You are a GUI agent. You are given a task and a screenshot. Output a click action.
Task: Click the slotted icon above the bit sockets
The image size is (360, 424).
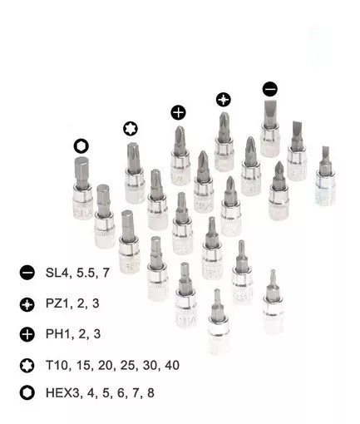[x=270, y=89]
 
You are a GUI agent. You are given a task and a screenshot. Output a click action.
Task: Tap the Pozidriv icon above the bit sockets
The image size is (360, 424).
[x=224, y=100]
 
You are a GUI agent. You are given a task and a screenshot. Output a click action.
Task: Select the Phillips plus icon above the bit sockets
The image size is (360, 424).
[x=178, y=112]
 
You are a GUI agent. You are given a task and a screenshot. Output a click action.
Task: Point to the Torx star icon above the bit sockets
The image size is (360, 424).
[x=131, y=129]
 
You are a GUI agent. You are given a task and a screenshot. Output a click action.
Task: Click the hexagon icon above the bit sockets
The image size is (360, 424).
[x=81, y=146]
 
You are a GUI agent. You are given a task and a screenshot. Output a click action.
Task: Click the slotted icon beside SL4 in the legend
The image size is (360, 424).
[x=27, y=273]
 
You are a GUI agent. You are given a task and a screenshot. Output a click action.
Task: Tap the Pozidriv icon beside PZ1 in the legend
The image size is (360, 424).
[x=27, y=304]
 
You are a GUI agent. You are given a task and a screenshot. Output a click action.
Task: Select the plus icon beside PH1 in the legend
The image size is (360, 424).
[x=27, y=334]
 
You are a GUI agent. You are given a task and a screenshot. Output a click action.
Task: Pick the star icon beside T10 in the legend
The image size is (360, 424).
[x=27, y=366]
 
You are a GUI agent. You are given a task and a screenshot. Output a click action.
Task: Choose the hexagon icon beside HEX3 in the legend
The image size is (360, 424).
[x=27, y=392]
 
